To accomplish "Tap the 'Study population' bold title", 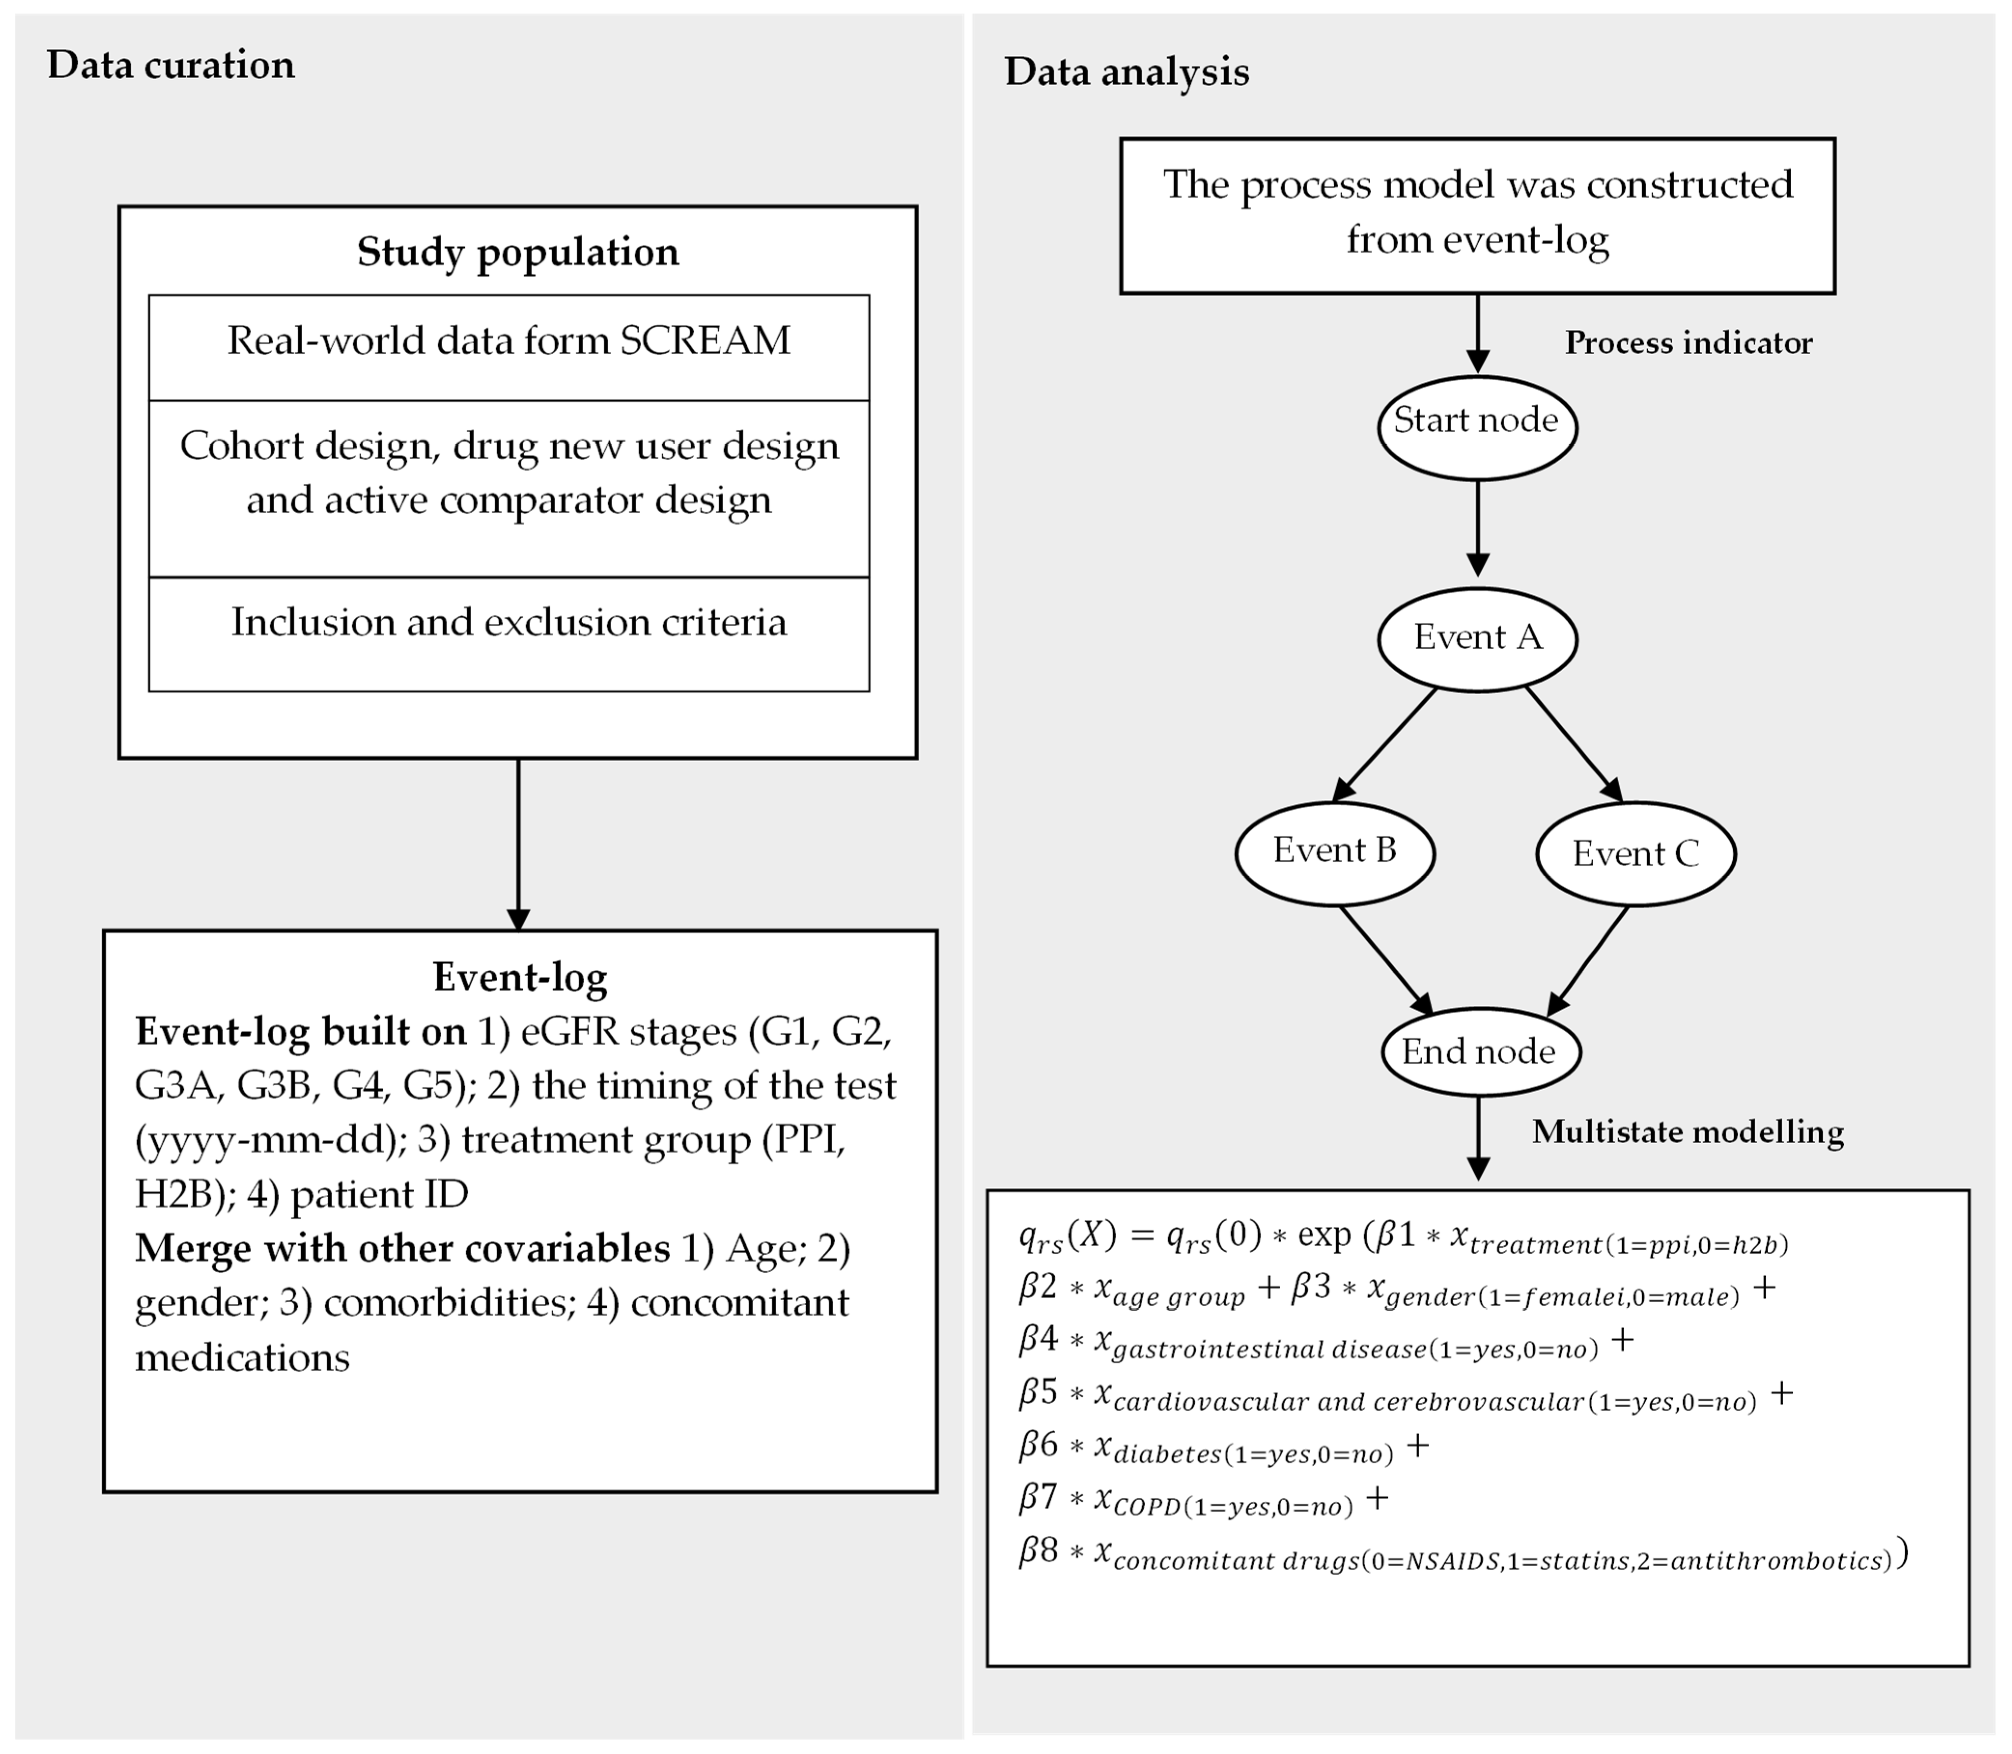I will [517, 252].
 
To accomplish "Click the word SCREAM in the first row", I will [705, 341].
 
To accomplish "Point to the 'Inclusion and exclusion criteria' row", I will [509, 622].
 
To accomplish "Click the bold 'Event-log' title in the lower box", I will [519, 977].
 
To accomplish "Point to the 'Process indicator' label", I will [1688, 343].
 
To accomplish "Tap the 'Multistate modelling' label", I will [1687, 1132].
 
